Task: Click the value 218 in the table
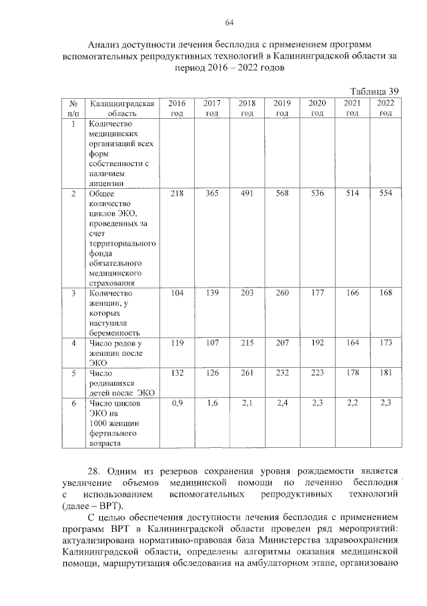click(177, 194)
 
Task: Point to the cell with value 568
click(282, 194)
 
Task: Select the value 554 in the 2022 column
click(386, 194)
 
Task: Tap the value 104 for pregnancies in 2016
click(177, 292)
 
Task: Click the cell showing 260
click(282, 292)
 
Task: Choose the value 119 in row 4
click(177, 342)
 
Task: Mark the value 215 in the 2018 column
click(247, 342)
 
